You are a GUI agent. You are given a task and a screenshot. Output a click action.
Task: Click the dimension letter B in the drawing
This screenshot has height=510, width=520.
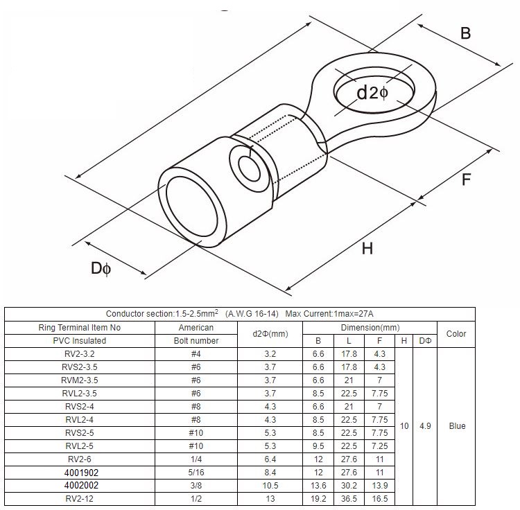click(465, 33)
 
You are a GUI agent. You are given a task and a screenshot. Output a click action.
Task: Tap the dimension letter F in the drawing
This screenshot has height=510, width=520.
click(467, 179)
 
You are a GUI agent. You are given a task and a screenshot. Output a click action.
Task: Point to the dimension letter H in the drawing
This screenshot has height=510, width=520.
click(367, 247)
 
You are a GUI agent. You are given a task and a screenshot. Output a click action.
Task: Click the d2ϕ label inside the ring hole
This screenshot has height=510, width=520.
click(372, 92)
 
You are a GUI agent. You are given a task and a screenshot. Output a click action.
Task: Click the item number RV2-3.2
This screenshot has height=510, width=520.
click(89, 353)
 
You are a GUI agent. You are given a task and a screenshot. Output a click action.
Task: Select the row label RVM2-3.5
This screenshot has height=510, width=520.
click(89, 380)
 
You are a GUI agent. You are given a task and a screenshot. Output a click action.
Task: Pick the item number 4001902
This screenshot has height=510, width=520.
click(89, 472)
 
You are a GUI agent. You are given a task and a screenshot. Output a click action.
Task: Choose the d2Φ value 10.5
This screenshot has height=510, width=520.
click(270, 485)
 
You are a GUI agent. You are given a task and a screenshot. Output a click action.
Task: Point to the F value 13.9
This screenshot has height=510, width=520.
click(379, 485)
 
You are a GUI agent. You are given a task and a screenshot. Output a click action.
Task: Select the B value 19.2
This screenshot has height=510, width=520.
click(318, 498)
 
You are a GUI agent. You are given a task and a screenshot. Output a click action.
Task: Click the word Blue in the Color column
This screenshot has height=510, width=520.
click(456, 426)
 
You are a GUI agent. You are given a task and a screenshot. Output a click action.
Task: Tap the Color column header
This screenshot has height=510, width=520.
click(456, 333)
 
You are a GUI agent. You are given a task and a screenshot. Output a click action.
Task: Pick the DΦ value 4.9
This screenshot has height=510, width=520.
click(425, 426)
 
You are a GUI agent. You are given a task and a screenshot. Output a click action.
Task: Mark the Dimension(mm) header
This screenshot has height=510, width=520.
click(370, 327)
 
